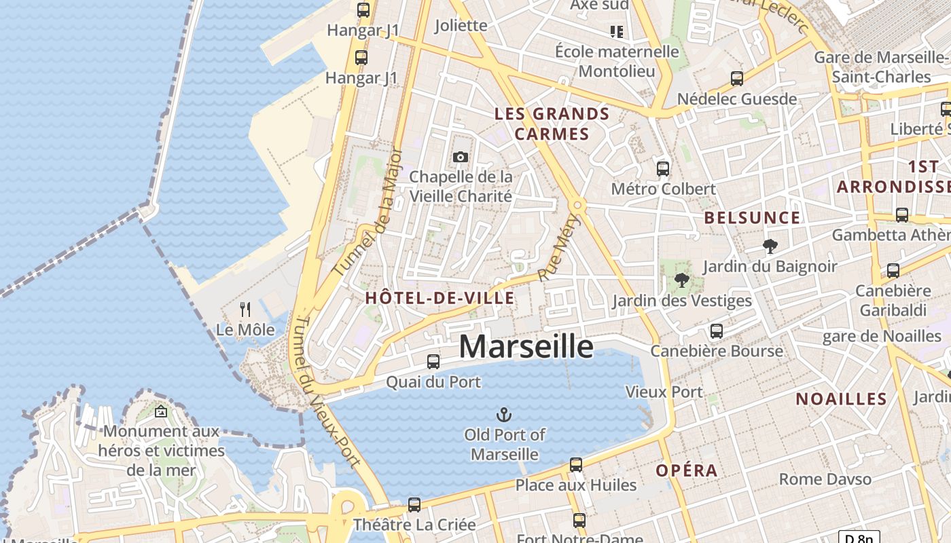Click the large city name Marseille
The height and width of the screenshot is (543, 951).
point(526,347)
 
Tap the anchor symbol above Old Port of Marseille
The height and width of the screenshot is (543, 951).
point(504,414)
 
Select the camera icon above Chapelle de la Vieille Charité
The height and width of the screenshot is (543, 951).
point(461,157)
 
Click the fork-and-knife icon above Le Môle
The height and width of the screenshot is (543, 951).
point(245,310)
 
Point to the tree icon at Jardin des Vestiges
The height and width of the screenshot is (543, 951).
point(682,280)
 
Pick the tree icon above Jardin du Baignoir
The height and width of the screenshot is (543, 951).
point(770,246)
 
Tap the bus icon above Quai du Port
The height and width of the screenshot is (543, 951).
point(433,362)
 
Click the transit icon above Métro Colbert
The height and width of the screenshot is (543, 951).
point(663,169)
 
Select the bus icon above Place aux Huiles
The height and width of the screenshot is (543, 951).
point(576,465)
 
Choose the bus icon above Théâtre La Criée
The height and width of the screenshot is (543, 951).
point(414,505)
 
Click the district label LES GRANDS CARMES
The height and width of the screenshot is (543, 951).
point(552,124)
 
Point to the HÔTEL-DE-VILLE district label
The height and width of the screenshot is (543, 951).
point(439,297)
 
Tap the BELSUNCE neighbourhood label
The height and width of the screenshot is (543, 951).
point(752,218)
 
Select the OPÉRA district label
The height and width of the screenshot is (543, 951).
point(687,470)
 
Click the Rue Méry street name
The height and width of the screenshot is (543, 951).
point(556,248)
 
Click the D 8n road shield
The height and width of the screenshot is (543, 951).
point(859,538)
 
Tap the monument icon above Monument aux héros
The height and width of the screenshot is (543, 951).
point(161,411)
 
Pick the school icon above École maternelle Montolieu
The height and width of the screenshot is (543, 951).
point(617,31)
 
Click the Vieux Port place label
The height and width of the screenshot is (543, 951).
point(664,392)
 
